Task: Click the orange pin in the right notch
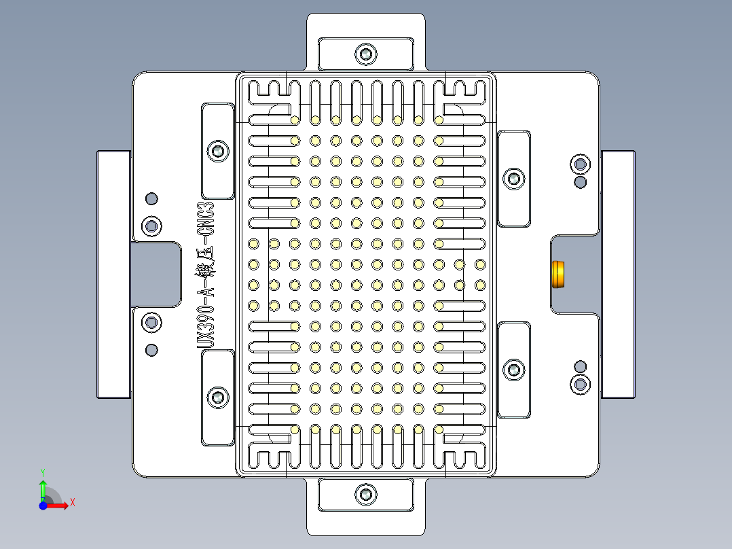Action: point(558,274)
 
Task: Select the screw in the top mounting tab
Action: point(367,53)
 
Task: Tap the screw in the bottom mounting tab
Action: point(367,494)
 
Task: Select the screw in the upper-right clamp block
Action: point(513,179)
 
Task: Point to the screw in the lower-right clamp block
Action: point(513,370)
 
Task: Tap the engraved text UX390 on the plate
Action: point(206,326)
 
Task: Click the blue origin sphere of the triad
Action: point(43,506)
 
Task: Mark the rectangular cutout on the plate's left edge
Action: point(156,274)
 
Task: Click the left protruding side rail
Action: point(113,274)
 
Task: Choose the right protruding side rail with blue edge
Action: point(618,274)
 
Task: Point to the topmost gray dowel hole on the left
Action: point(151,198)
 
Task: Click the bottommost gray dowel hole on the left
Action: point(151,350)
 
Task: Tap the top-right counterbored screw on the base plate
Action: point(581,164)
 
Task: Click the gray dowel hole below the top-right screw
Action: point(581,182)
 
